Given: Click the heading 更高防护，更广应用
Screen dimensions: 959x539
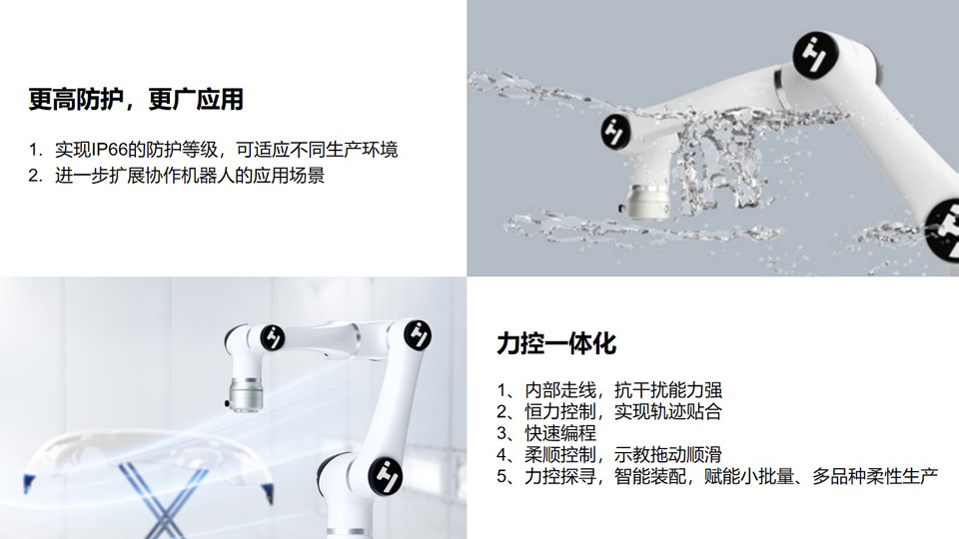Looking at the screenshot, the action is pyautogui.click(x=136, y=99).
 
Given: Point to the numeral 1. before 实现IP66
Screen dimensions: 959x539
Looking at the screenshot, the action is pyautogui.click(x=36, y=150).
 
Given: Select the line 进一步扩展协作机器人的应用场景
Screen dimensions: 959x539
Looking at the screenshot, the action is pyautogui.click(x=190, y=176).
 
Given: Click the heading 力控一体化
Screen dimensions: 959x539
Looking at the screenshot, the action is pyautogui.click(x=556, y=343).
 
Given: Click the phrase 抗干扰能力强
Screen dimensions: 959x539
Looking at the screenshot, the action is pyautogui.click(x=668, y=390).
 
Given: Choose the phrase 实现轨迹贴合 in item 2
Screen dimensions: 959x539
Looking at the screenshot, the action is pyautogui.click(x=668, y=411).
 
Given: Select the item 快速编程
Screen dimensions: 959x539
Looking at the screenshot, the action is pyautogui.click(x=560, y=432).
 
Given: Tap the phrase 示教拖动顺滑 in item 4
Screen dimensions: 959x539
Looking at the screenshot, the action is pyautogui.click(x=668, y=455).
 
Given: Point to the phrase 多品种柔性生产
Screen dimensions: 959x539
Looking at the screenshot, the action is pyautogui.click(x=875, y=476).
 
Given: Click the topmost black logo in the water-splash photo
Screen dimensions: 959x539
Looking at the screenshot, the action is pyautogui.click(x=815, y=55).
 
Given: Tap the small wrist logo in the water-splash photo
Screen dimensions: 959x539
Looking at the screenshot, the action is pyautogui.click(x=615, y=131).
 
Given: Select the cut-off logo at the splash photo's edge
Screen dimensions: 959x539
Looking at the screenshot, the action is pyautogui.click(x=944, y=231).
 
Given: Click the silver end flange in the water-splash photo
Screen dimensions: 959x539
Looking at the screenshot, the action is pyautogui.click(x=648, y=202).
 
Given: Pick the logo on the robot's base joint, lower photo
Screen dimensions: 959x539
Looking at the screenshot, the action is pyautogui.click(x=386, y=475).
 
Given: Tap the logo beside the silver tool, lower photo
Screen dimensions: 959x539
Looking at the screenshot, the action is pyautogui.click(x=273, y=337).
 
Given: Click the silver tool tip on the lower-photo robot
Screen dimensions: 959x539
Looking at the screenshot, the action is pyautogui.click(x=246, y=395).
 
